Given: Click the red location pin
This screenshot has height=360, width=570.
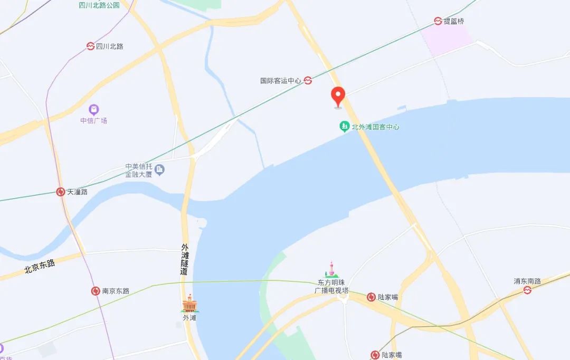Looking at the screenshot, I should pos(338,97).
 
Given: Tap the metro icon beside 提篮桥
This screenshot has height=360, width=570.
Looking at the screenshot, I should pos(438,21).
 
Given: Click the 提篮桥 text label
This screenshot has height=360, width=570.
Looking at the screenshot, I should pos(454,21).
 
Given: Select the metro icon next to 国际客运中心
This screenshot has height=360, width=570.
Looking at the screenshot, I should pos(308,81).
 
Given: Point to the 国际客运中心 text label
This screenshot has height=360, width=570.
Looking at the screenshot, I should pos(280,81).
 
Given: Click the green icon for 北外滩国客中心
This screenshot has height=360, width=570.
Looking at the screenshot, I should pos(344,127).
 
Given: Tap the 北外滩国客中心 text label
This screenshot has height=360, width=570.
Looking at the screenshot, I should pos(375,127).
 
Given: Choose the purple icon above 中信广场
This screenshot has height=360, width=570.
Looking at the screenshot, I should pos(93,110).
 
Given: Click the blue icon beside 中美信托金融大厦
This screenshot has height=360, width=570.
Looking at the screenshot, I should pos(159,169).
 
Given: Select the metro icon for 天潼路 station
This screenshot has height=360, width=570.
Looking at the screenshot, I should pos(61,192).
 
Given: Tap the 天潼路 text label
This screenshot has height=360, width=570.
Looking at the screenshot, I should pos(77,192).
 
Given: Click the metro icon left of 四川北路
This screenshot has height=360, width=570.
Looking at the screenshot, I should pos(90,46).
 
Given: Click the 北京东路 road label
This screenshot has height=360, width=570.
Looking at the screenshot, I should pos(40,267).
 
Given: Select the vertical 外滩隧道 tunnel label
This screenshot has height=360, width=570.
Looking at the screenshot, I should pos(184,259).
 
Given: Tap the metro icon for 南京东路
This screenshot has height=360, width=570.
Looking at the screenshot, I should pos(96,291).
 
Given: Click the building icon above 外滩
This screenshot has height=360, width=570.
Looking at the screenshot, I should pos(189,304).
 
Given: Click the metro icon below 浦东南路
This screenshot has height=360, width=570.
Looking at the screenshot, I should pos(527,290).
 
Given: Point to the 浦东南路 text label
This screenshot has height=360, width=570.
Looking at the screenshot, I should pos(527,281).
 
